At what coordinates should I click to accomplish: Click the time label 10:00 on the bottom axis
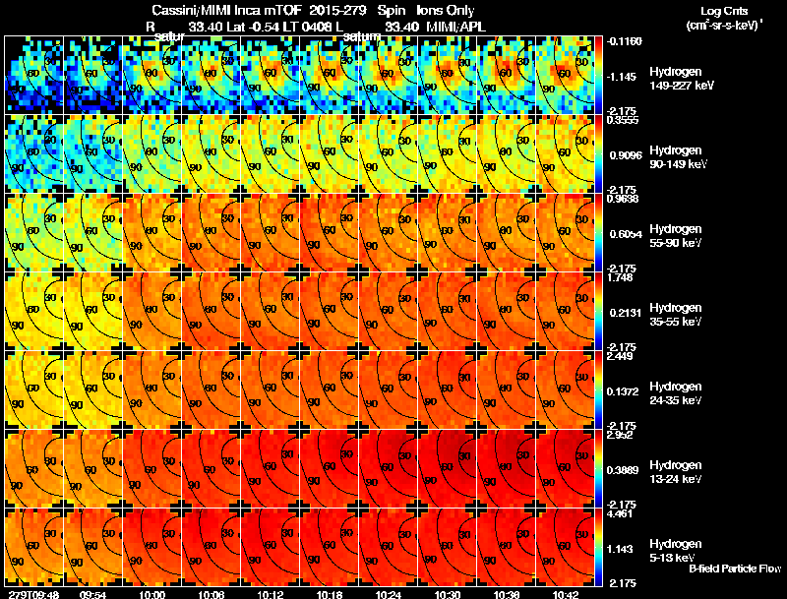pos(152,594)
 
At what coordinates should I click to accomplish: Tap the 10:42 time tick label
pos(566,594)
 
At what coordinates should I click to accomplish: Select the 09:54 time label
pos(93,594)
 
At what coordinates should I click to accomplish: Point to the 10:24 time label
pos(389,594)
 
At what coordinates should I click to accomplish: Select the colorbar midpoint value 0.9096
pos(624,154)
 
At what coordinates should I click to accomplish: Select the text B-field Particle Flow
pos(735,569)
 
